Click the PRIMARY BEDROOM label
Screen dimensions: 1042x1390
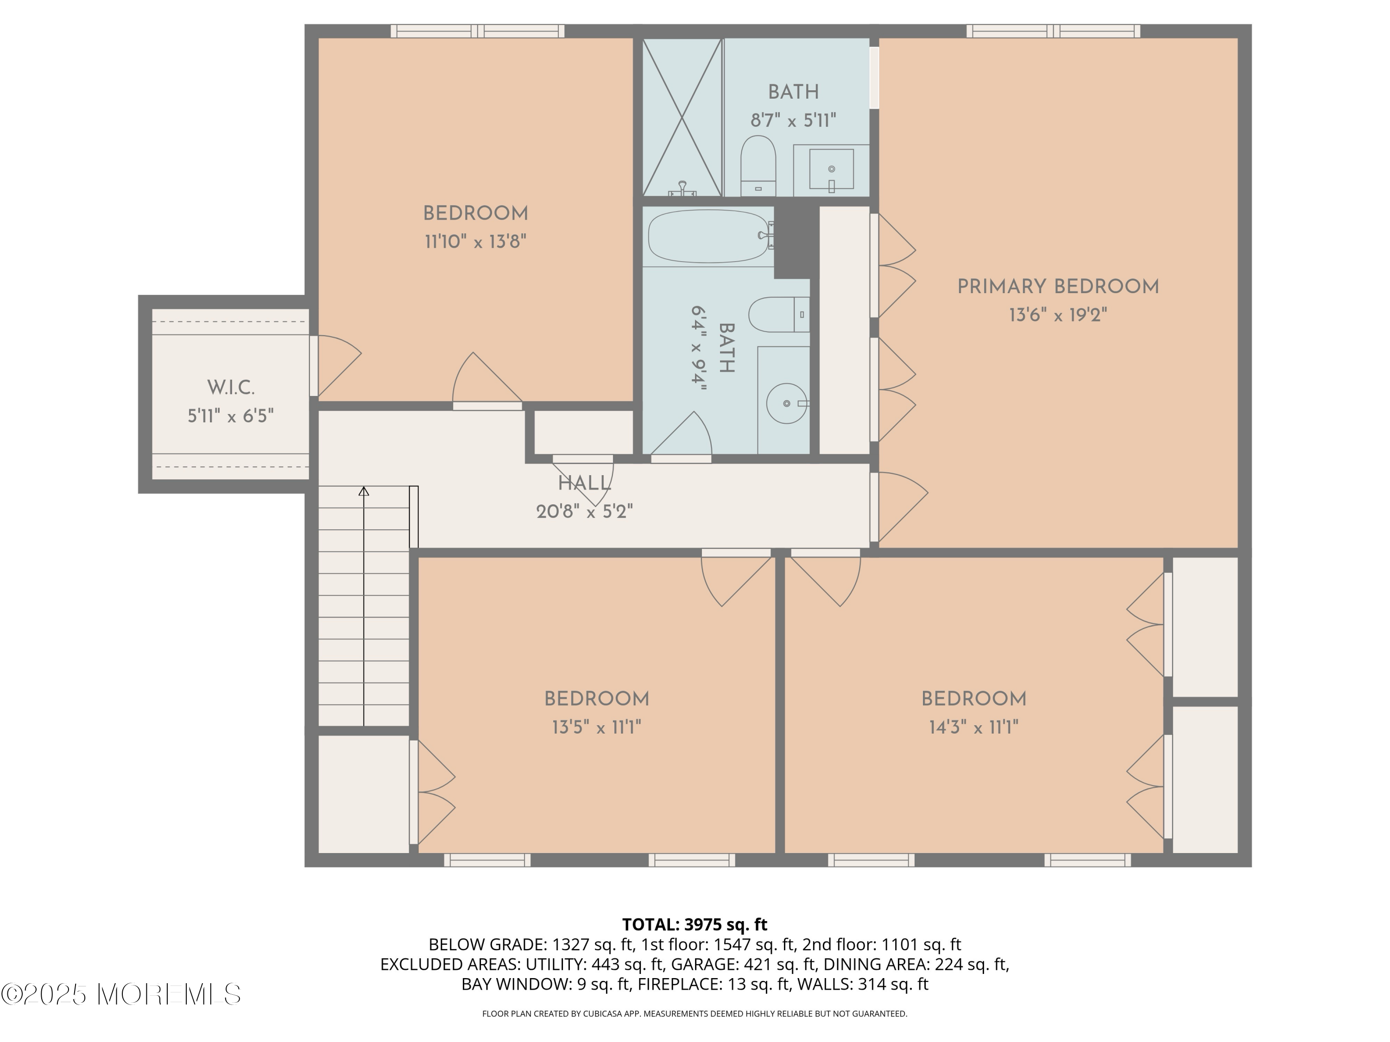tap(1058, 287)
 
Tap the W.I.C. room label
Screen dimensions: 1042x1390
tap(231, 388)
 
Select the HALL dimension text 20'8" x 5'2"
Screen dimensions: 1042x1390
tap(584, 512)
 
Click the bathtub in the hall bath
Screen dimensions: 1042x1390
tap(708, 236)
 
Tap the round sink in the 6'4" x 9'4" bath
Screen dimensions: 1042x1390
tap(786, 403)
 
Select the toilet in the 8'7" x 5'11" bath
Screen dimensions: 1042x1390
tap(758, 165)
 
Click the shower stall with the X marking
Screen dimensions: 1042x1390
tap(682, 118)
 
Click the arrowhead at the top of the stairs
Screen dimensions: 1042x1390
tap(364, 491)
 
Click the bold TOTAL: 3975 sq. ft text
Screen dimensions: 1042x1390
tap(695, 924)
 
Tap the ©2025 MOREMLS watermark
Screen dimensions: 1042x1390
tap(120, 994)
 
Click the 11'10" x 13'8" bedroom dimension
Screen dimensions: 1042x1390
tap(475, 242)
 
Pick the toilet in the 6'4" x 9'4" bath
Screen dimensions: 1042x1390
tap(777, 314)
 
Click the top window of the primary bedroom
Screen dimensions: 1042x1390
tap(1053, 31)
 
